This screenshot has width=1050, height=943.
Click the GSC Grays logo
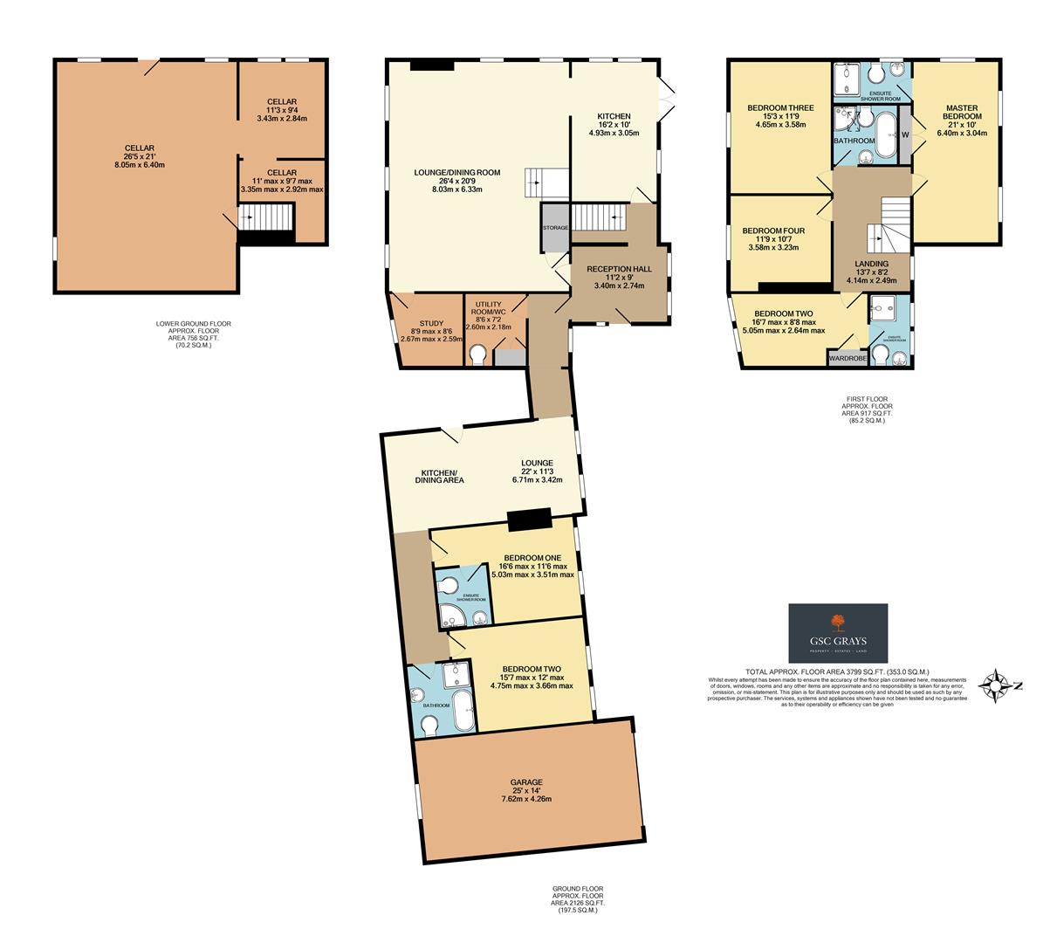point(838,633)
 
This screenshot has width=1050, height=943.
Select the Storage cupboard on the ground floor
point(554,228)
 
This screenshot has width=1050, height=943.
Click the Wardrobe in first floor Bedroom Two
point(847,357)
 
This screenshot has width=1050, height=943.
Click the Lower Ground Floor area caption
point(188,334)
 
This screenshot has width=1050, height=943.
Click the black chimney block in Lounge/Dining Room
point(432,65)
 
